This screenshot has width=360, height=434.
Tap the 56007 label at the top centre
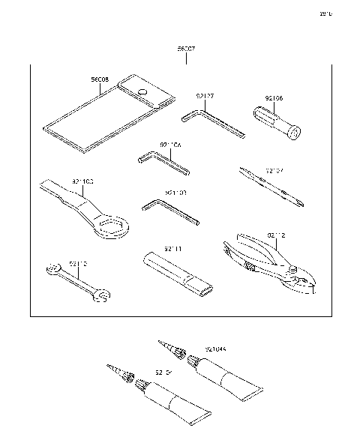[187, 49]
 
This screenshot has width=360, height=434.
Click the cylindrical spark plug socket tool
[276, 123]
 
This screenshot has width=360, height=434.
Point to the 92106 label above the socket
[275, 97]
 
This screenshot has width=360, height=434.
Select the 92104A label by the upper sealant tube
[216, 349]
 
